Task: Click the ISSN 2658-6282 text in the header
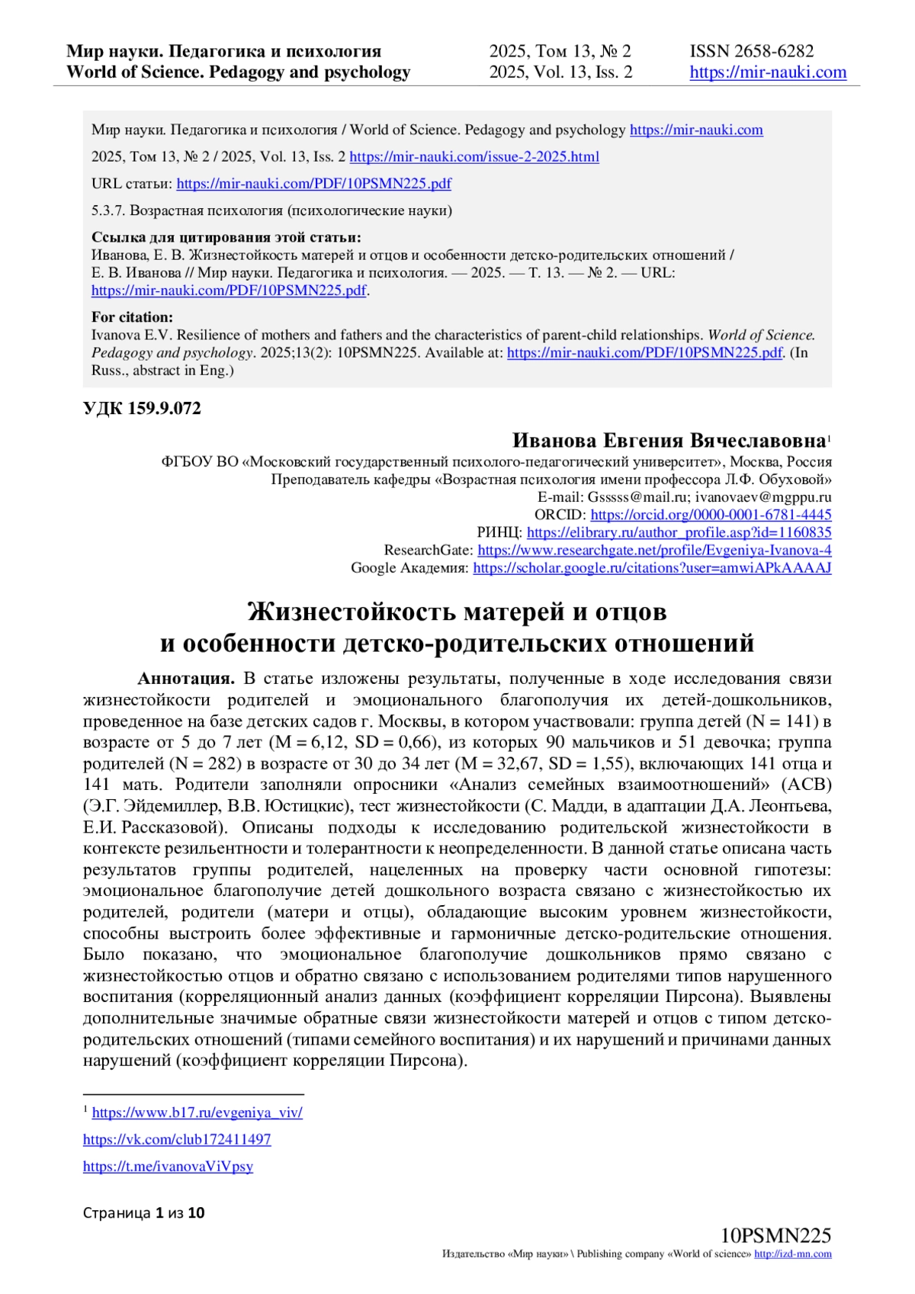[x=751, y=51]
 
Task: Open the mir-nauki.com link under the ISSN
[x=768, y=72]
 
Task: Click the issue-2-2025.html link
[x=474, y=157]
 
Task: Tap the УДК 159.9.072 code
[x=142, y=409]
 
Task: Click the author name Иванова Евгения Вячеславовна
[x=669, y=441]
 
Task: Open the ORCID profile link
[x=711, y=515]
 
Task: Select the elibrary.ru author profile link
[x=679, y=532]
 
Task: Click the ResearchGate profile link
[x=654, y=550]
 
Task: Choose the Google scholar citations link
[x=652, y=568]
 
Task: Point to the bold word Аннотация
[x=186, y=679]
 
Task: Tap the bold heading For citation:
[x=132, y=317]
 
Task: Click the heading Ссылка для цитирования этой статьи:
[x=226, y=237]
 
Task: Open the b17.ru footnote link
[x=197, y=1113]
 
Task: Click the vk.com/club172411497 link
[x=177, y=1139]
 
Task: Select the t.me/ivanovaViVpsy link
[x=168, y=1166]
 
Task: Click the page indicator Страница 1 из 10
[x=143, y=1212]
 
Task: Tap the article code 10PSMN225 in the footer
[x=775, y=1235]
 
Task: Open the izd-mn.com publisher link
[x=792, y=1254]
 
